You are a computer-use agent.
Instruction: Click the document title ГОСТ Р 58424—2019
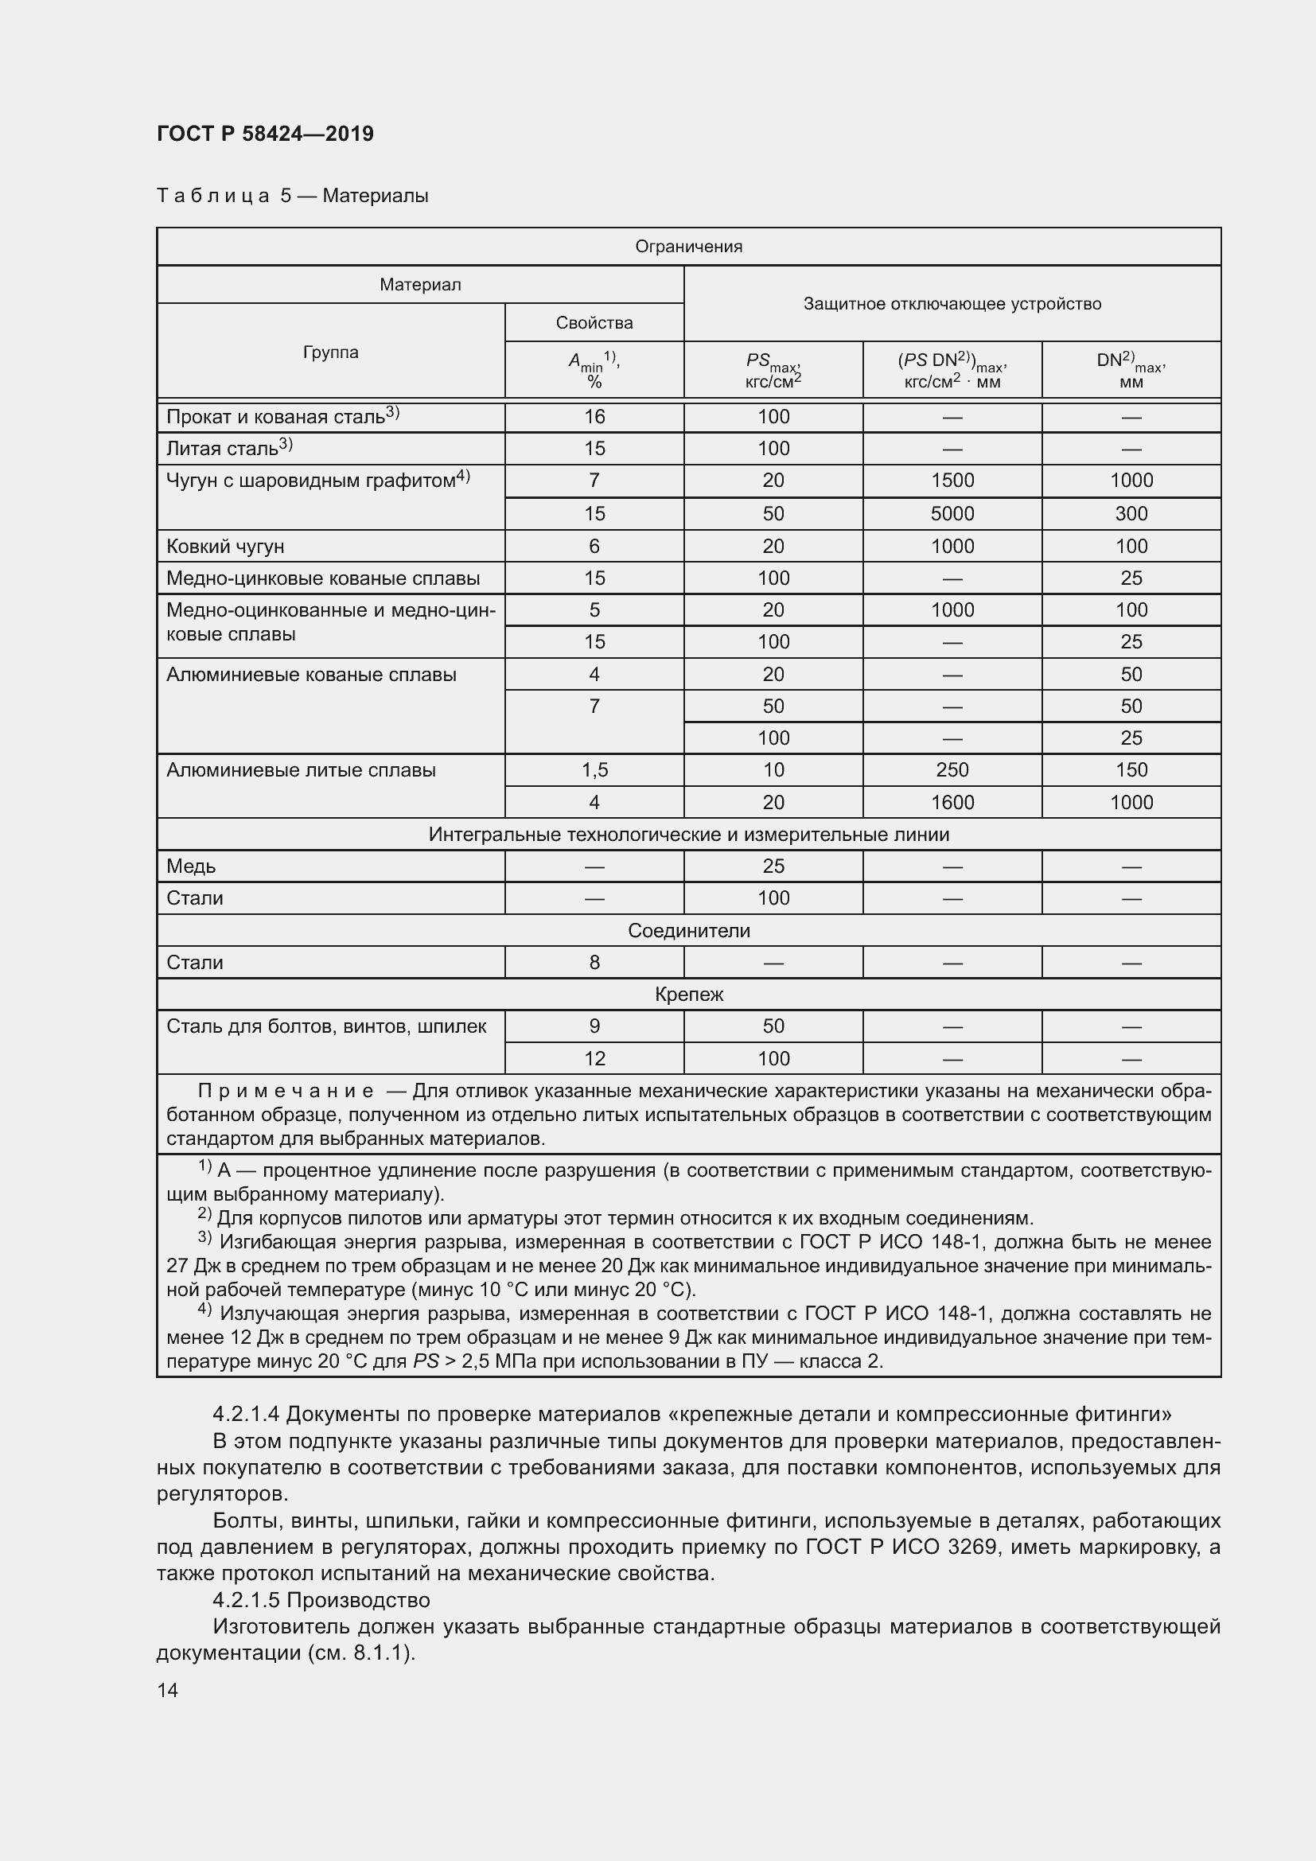coord(265,134)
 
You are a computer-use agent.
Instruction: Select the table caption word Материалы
coord(376,197)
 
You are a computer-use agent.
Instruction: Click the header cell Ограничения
coord(688,247)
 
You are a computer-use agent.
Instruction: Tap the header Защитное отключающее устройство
coord(952,304)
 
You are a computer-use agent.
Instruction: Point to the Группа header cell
coord(331,352)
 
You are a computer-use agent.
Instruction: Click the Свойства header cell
coord(594,322)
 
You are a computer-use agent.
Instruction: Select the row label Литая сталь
coord(222,449)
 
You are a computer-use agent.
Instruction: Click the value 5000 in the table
coord(952,514)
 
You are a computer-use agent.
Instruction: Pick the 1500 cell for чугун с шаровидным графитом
coord(952,481)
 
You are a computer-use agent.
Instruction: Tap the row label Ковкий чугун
coord(225,547)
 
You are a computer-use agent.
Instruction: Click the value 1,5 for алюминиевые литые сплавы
coord(594,770)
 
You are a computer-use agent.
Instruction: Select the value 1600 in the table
coord(952,803)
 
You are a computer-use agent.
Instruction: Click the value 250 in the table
coord(952,770)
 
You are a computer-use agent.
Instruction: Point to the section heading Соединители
coord(688,931)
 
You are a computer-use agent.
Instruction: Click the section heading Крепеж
coord(688,995)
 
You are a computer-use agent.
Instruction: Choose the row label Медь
coord(191,866)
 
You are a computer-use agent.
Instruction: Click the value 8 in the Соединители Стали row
coord(594,963)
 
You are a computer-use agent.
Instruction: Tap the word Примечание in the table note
coord(286,1091)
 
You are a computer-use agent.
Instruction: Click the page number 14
coord(168,1690)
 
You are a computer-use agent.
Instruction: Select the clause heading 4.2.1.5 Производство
coord(321,1600)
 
